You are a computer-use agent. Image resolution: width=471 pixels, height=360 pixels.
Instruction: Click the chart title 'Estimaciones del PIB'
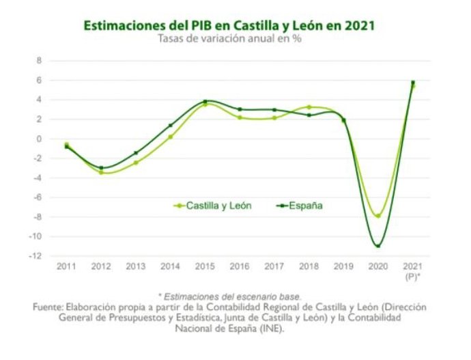coord(228,25)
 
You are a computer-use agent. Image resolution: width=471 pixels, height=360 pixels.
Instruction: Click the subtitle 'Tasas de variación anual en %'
coord(229,38)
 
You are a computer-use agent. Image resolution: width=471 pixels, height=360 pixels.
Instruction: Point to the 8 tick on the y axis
coord(39,61)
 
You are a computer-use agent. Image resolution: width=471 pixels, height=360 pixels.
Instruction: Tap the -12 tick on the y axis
coord(36,256)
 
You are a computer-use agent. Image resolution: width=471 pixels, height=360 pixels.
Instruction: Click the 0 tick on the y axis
coord(39,139)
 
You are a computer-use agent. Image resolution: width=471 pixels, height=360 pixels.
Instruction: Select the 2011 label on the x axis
coord(66,265)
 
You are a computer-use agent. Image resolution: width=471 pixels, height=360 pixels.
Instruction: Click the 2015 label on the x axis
coord(205,265)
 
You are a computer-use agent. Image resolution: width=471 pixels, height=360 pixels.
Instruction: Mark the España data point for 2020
coord(377,246)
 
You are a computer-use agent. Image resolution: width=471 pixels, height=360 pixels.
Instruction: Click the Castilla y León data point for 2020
coord(377,216)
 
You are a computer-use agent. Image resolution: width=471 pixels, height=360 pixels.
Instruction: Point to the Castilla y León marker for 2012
coord(101,172)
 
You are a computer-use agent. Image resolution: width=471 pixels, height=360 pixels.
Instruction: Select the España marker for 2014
coord(170,125)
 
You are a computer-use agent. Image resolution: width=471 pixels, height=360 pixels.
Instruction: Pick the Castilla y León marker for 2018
coord(309,107)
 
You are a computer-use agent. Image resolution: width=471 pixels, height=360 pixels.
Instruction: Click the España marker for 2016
coord(240,109)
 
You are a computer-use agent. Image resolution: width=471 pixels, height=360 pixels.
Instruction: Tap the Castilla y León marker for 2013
coord(136,163)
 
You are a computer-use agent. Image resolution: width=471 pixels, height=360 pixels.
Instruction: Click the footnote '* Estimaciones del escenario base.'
coord(229,296)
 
